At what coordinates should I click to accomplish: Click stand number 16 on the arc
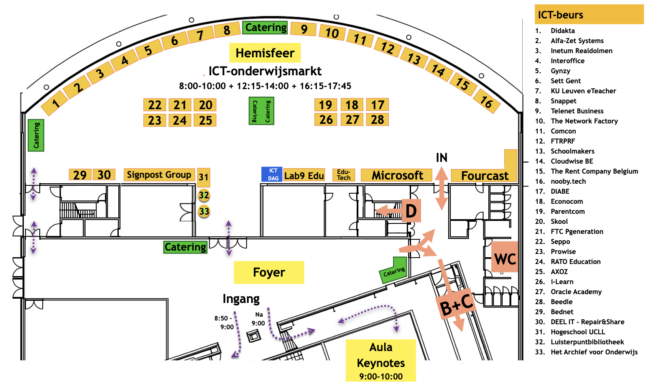pyautogui.click(x=487, y=101)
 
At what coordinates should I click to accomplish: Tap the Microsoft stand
pyautogui.click(x=397, y=175)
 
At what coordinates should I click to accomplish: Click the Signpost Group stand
pyautogui.click(x=159, y=174)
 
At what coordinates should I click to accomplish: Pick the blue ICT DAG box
pyautogui.click(x=272, y=174)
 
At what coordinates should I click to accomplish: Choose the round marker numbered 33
pyautogui.click(x=204, y=212)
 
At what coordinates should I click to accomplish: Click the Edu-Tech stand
pyautogui.click(x=343, y=175)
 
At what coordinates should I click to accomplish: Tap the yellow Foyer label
pyautogui.click(x=269, y=272)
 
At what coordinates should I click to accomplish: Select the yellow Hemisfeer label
pyautogui.click(x=265, y=53)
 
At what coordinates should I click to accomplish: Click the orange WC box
pyautogui.click(x=505, y=257)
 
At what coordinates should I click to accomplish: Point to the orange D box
pyautogui.click(x=411, y=210)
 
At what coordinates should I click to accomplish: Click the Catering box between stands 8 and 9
pyautogui.click(x=265, y=28)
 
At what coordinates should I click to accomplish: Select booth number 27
pyautogui.click(x=352, y=120)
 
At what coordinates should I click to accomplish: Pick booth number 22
pyautogui.click(x=155, y=105)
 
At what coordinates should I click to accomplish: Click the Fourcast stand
pyautogui.click(x=484, y=175)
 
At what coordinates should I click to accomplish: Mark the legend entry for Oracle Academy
pyautogui.click(x=576, y=292)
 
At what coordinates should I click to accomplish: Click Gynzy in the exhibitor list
pyautogui.click(x=560, y=71)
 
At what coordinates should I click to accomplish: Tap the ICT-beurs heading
pyautogui.click(x=560, y=15)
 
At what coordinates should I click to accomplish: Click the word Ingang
pyautogui.click(x=241, y=299)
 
